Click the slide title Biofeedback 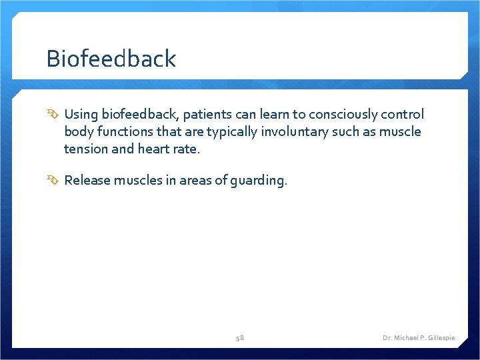pos(111,59)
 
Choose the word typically pos(228,131)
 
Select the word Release pos(87,180)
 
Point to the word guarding pos(261,181)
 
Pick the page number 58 pos(240,338)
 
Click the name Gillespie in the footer pos(439,338)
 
